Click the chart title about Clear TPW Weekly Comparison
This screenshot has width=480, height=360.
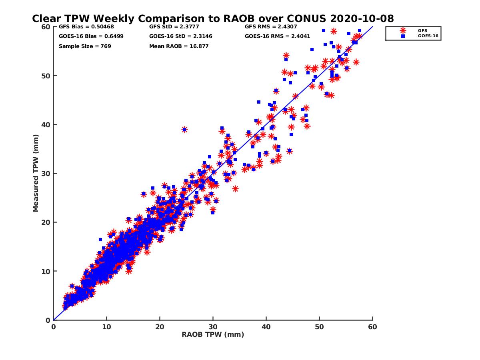[x=213, y=18]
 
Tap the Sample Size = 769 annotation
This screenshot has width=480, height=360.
[x=85, y=46]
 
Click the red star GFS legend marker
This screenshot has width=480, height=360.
[x=402, y=30]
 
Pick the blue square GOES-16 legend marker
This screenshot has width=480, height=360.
[x=402, y=36]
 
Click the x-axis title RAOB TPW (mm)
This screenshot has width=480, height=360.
[x=213, y=335]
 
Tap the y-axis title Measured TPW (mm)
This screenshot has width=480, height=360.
[x=36, y=173]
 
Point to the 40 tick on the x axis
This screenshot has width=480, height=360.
[x=266, y=327]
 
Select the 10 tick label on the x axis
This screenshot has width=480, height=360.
[x=106, y=327]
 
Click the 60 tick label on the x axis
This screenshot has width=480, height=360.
[x=373, y=327]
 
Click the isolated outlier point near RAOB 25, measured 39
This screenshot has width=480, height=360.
[x=184, y=130]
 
